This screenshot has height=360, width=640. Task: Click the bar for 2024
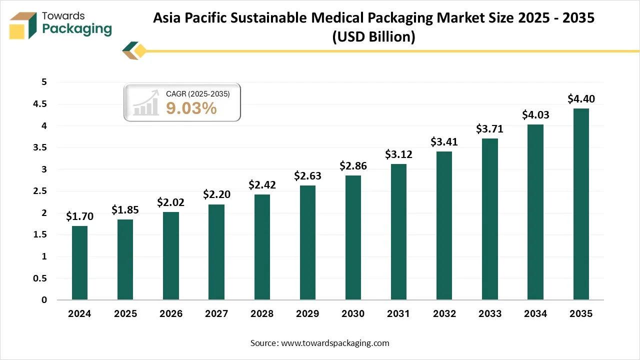click(79, 263)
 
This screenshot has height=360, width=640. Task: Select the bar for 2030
click(353, 237)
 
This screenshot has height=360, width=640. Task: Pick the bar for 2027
click(216, 252)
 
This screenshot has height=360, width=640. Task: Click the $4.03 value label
click(535, 114)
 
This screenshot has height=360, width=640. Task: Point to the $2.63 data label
click(307, 175)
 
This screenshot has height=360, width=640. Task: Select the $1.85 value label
click(125, 209)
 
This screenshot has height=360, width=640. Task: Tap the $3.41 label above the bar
click(444, 141)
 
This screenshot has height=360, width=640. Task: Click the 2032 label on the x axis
click(444, 314)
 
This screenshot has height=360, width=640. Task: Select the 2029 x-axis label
click(307, 314)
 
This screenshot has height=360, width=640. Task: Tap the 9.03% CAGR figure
click(191, 107)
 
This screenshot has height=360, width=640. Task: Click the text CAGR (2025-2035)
click(198, 93)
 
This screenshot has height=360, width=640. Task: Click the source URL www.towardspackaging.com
click(335, 343)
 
